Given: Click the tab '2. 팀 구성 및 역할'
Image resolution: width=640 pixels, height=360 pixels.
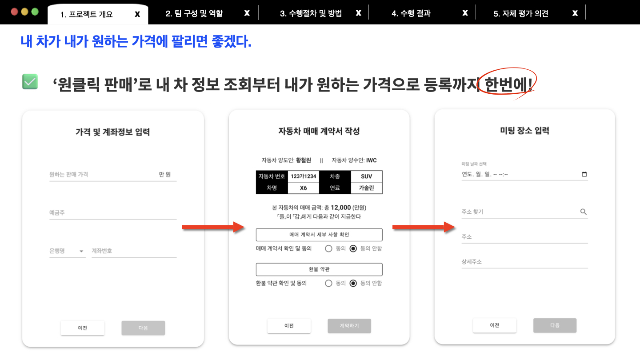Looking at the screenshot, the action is pos(194,13).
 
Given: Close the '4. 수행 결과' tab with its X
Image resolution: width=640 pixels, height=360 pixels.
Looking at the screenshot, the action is pos(465,13).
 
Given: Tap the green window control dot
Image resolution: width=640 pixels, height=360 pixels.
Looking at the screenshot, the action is pos(35,12).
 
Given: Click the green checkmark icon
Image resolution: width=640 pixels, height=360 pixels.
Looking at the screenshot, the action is pos(30,81).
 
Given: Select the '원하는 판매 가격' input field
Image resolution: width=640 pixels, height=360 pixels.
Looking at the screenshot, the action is pos(113,175).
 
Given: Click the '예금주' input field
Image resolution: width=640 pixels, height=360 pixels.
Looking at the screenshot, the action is pos(113,212).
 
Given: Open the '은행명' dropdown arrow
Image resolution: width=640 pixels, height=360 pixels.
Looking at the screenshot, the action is pos(81,251).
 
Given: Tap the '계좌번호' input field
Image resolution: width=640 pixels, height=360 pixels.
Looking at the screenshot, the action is pos(134,251).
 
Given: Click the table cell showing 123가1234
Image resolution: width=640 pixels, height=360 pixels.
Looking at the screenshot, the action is pos(304,176).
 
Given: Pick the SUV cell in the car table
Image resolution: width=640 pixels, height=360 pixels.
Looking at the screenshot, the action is pos(367,176).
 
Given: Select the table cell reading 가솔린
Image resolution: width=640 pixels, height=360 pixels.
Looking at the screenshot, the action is pos(367,188).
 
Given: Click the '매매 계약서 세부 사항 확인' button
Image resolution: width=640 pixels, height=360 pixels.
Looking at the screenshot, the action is pos(319,235).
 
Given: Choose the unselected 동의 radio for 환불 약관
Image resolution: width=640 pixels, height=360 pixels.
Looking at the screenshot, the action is pos(328,283).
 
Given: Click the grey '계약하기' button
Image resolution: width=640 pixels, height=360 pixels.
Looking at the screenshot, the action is pos(349,326).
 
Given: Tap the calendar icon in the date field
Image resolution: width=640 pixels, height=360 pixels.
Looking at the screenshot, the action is pos(584,174).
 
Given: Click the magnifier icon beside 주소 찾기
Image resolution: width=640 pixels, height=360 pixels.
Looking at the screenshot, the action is pos(584,212).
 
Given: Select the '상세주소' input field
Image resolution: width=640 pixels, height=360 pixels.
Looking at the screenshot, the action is pos(524,262).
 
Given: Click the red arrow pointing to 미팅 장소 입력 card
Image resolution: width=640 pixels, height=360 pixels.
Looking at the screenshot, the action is pos(424,227).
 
